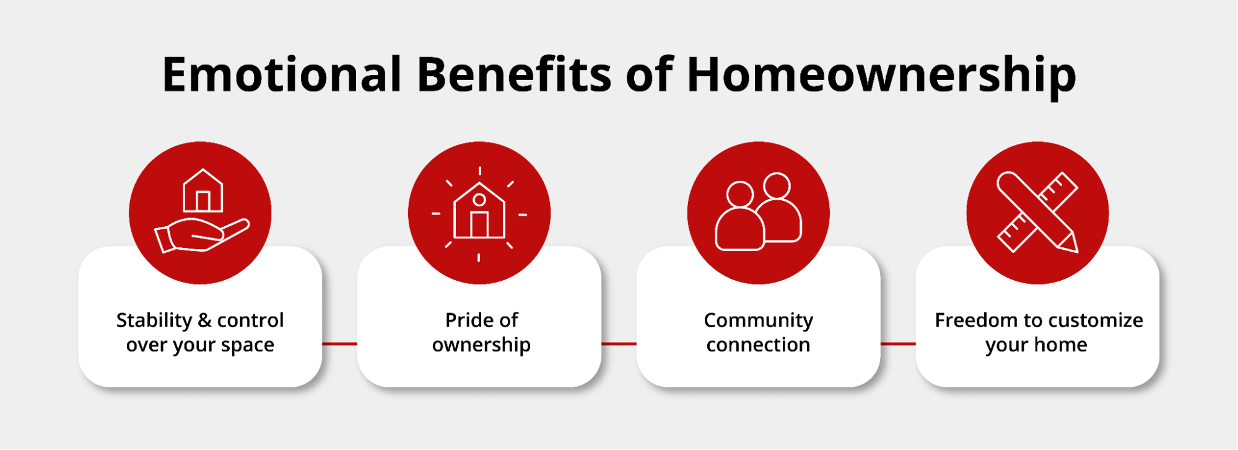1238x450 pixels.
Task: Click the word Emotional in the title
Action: tap(282, 74)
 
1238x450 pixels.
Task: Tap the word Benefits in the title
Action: tap(515, 74)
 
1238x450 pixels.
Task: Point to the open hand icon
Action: tap(202, 236)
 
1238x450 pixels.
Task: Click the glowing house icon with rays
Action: tap(479, 214)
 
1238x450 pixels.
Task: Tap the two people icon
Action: tap(759, 212)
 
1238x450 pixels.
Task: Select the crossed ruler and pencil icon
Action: tap(1037, 212)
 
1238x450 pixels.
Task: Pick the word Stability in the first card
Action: tap(154, 320)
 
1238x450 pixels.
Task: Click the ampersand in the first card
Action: tap(204, 320)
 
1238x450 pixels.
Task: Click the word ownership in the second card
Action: tap(481, 345)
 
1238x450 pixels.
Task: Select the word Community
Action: tap(758, 320)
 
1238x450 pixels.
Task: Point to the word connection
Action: tap(758, 345)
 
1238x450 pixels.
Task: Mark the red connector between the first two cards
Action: tap(339, 343)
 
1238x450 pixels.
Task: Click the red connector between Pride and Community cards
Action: tap(619, 343)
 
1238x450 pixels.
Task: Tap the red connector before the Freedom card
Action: tap(898, 343)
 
